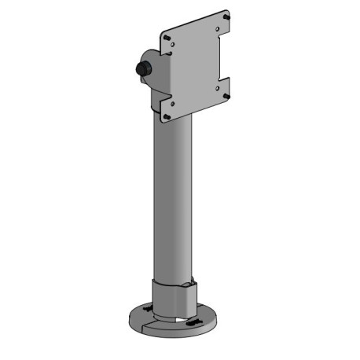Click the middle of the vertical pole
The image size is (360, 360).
pos(174,197)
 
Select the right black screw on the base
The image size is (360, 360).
pos(193,322)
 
